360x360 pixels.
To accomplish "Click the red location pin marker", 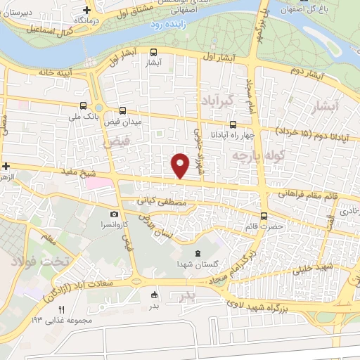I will point(180,165).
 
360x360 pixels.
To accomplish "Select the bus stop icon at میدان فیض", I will point(123,110).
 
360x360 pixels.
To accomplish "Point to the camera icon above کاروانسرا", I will point(114,214).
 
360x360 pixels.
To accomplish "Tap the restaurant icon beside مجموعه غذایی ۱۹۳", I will point(61,310).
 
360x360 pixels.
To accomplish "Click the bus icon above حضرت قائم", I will point(264,217).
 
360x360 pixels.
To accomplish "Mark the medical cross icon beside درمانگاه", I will point(86,11).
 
